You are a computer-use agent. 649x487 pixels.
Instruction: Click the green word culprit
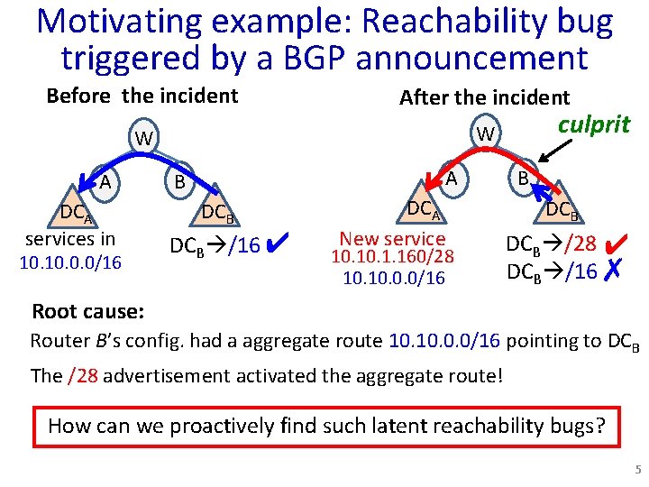pyautogui.click(x=594, y=124)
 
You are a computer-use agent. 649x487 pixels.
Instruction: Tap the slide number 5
pyautogui.click(x=637, y=470)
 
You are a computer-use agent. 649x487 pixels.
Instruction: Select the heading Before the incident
pyautogui.click(x=142, y=96)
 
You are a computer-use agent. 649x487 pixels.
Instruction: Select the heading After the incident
pyautogui.click(x=484, y=97)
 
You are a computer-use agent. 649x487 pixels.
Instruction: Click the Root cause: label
pyautogui.click(x=87, y=312)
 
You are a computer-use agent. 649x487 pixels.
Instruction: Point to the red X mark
pyautogui.click(x=613, y=270)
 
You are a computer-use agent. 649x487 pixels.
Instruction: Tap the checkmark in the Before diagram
pyautogui.click(x=278, y=242)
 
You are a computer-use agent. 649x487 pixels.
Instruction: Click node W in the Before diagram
pyautogui.click(x=142, y=139)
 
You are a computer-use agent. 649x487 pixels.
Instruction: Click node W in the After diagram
pyautogui.click(x=485, y=133)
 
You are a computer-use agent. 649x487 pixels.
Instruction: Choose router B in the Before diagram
pyautogui.click(x=179, y=182)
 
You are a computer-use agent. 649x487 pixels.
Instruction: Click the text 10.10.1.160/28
pyautogui.click(x=392, y=258)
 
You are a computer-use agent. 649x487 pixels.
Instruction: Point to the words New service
pyautogui.click(x=392, y=239)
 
